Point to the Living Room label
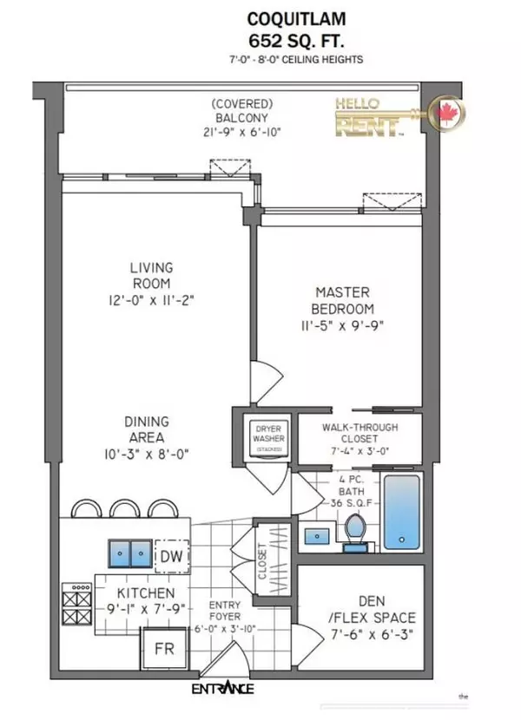(151, 275)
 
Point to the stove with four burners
(76, 599)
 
